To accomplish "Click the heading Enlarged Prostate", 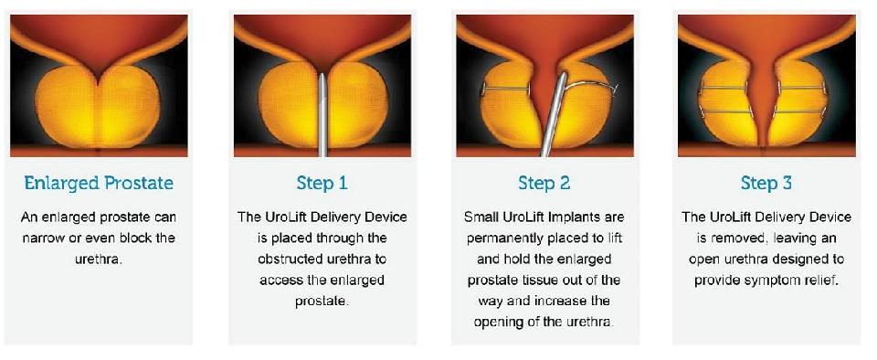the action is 99,183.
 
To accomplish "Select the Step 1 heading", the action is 322,184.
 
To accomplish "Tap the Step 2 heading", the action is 544,184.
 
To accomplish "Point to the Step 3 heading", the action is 766,184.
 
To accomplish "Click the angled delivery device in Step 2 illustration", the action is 554,114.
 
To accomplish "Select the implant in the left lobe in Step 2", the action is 504,89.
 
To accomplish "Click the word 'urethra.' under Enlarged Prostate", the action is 99,259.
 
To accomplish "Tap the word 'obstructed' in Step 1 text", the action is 290,259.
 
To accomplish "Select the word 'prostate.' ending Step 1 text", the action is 322,302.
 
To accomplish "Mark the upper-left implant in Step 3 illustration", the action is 724,88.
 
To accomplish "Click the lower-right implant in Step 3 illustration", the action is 800,111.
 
